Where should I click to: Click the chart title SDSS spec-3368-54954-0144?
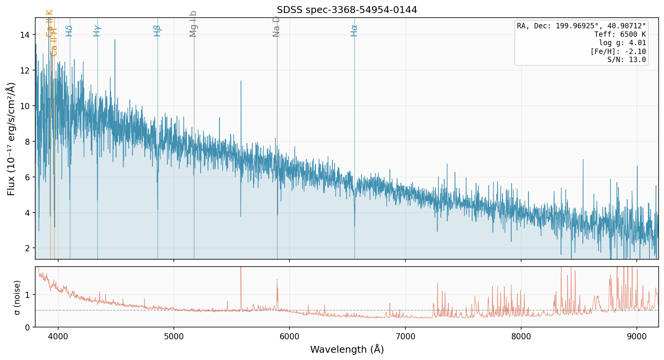tap(347, 10)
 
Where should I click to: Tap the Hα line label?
tap(354, 31)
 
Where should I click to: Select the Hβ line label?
tap(157, 31)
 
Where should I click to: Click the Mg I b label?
tap(193, 24)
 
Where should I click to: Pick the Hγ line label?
tap(97, 31)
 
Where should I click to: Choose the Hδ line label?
tap(69, 31)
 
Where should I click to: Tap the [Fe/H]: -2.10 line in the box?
tap(618, 51)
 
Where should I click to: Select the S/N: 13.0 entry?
tap(626, 60)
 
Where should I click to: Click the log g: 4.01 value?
tap(622, 43)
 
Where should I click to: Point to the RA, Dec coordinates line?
tap(581, 26)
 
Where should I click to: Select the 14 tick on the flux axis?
tap(25, 35)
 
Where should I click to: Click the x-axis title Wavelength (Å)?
tap(347, 349)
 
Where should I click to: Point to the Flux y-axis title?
tap(11, 139)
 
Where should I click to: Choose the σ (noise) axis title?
tap(17, 297)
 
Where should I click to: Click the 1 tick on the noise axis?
tap(28, 295)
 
